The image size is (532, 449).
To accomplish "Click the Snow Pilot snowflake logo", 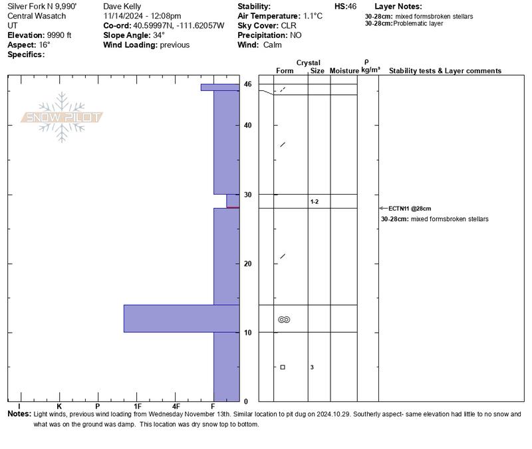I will coord(63,117).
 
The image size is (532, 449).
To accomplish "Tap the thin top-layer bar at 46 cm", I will coord(219,87).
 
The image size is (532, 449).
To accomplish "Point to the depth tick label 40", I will coord(247,126).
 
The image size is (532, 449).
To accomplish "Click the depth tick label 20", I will coord(247,264).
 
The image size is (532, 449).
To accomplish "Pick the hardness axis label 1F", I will coord(138,406).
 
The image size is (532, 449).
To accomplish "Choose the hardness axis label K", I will coord(59,406).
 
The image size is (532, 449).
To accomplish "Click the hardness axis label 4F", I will coord(176,406).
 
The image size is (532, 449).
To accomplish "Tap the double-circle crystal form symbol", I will coord(284,319).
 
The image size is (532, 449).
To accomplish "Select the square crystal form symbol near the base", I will coord(283,367).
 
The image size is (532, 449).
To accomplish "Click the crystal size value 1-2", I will coord(315,201).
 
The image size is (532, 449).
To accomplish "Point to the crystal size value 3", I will coord(312,367).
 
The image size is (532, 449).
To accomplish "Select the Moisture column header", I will coord(344,70).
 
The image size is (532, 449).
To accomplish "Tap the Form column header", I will coord(285,70).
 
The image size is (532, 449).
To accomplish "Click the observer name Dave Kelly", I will coord(122,6).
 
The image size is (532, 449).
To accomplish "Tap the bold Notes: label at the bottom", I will coord(19,414).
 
